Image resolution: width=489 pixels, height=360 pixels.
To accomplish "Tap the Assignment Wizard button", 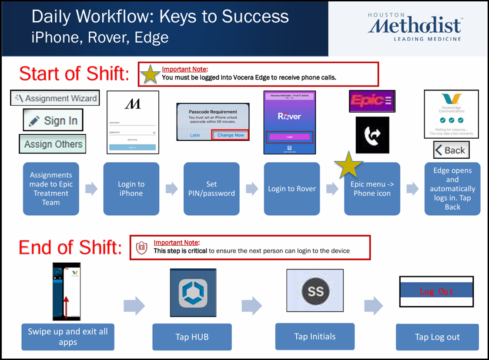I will [55, 98].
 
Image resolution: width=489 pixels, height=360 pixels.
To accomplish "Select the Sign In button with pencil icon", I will [53, 120].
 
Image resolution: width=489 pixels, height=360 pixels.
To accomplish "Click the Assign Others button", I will [53, 144].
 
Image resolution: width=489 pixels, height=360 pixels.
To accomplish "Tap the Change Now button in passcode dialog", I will [231, 135].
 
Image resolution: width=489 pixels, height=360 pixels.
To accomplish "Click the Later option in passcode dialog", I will [195, 135].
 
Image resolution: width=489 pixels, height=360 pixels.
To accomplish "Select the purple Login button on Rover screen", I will [289, 137].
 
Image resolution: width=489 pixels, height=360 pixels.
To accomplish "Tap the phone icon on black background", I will [372, 135].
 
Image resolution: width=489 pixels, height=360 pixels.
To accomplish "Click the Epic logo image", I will [372, 101].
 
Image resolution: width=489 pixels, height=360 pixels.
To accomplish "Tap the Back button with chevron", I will [451, 150].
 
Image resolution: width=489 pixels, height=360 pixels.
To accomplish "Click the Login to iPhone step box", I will [131, 189].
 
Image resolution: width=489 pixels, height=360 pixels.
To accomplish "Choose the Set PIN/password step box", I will [211, 189].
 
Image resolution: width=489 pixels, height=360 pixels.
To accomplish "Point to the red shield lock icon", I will [141, 248].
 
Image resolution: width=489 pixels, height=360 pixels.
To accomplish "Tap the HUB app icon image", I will [193, 292].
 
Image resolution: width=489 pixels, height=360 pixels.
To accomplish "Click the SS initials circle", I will [315, 290].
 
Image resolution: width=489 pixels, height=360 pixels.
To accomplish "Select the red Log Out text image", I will [436, 291].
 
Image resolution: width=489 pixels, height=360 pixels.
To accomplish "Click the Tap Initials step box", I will [315, 336].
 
